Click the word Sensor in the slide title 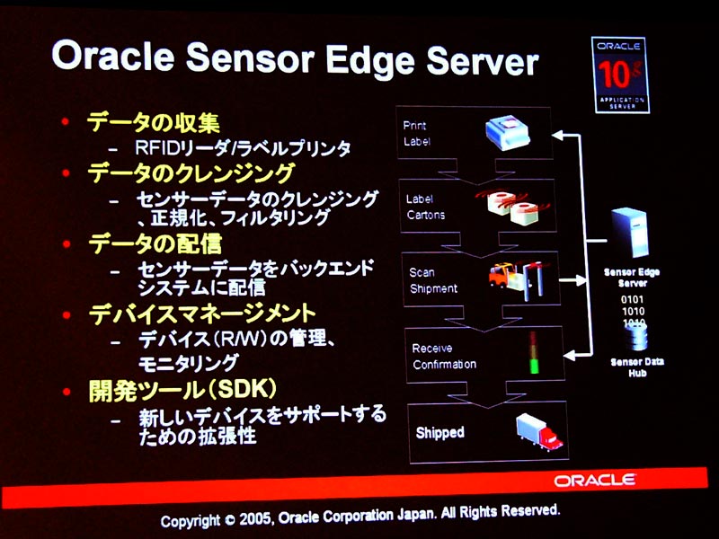[x=250, y=58]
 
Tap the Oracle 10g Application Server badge [x=620, y=75]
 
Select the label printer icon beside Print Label [x=507, y=133]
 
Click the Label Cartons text [x=425, y=207]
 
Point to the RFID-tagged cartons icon [x=511, y=207]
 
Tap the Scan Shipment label [x=433, y=280]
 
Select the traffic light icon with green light [x=533, y=352]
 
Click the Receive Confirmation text [x=444, y=356]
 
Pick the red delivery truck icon [x=538, y=432]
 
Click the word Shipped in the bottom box [x=439, y=432]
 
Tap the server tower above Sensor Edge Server [x=630, y=232]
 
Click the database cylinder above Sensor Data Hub [x=637, y=338]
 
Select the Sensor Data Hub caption [x=637, y=367]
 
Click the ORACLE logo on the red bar [x=594, y=481]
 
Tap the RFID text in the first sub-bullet [x=156, y=147]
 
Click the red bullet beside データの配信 [x=67, y=243]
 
